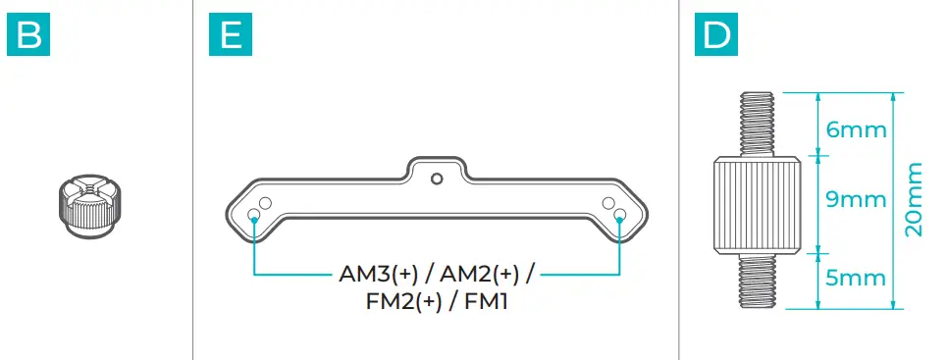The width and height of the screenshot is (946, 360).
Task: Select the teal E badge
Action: tap(231, 36)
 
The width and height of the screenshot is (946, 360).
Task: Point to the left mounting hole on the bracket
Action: tap(255, 213)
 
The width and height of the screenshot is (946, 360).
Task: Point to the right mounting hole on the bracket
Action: tap(618, 213)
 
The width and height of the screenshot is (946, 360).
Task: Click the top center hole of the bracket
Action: tap(437, 178)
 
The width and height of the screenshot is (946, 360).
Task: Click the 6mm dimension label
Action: tap(857, 129)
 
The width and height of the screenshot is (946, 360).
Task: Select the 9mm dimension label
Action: tap(857, 201)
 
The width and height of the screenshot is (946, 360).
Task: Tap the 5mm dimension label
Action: tap(857, 279)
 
